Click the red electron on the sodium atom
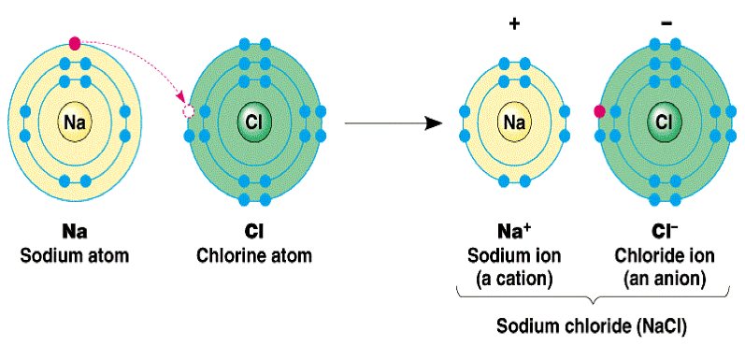(75, 42)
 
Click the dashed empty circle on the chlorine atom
(188, 112)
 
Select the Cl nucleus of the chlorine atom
(253, 122)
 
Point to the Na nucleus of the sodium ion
(513, 122)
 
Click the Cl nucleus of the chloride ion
(663, 122)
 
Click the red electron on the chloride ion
(599, 112)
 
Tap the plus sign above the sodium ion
(513, 22)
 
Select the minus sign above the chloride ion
(662, 20)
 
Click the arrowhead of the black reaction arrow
(433, 122)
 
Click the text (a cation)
(513, 278)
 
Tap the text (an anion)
(663, 278)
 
